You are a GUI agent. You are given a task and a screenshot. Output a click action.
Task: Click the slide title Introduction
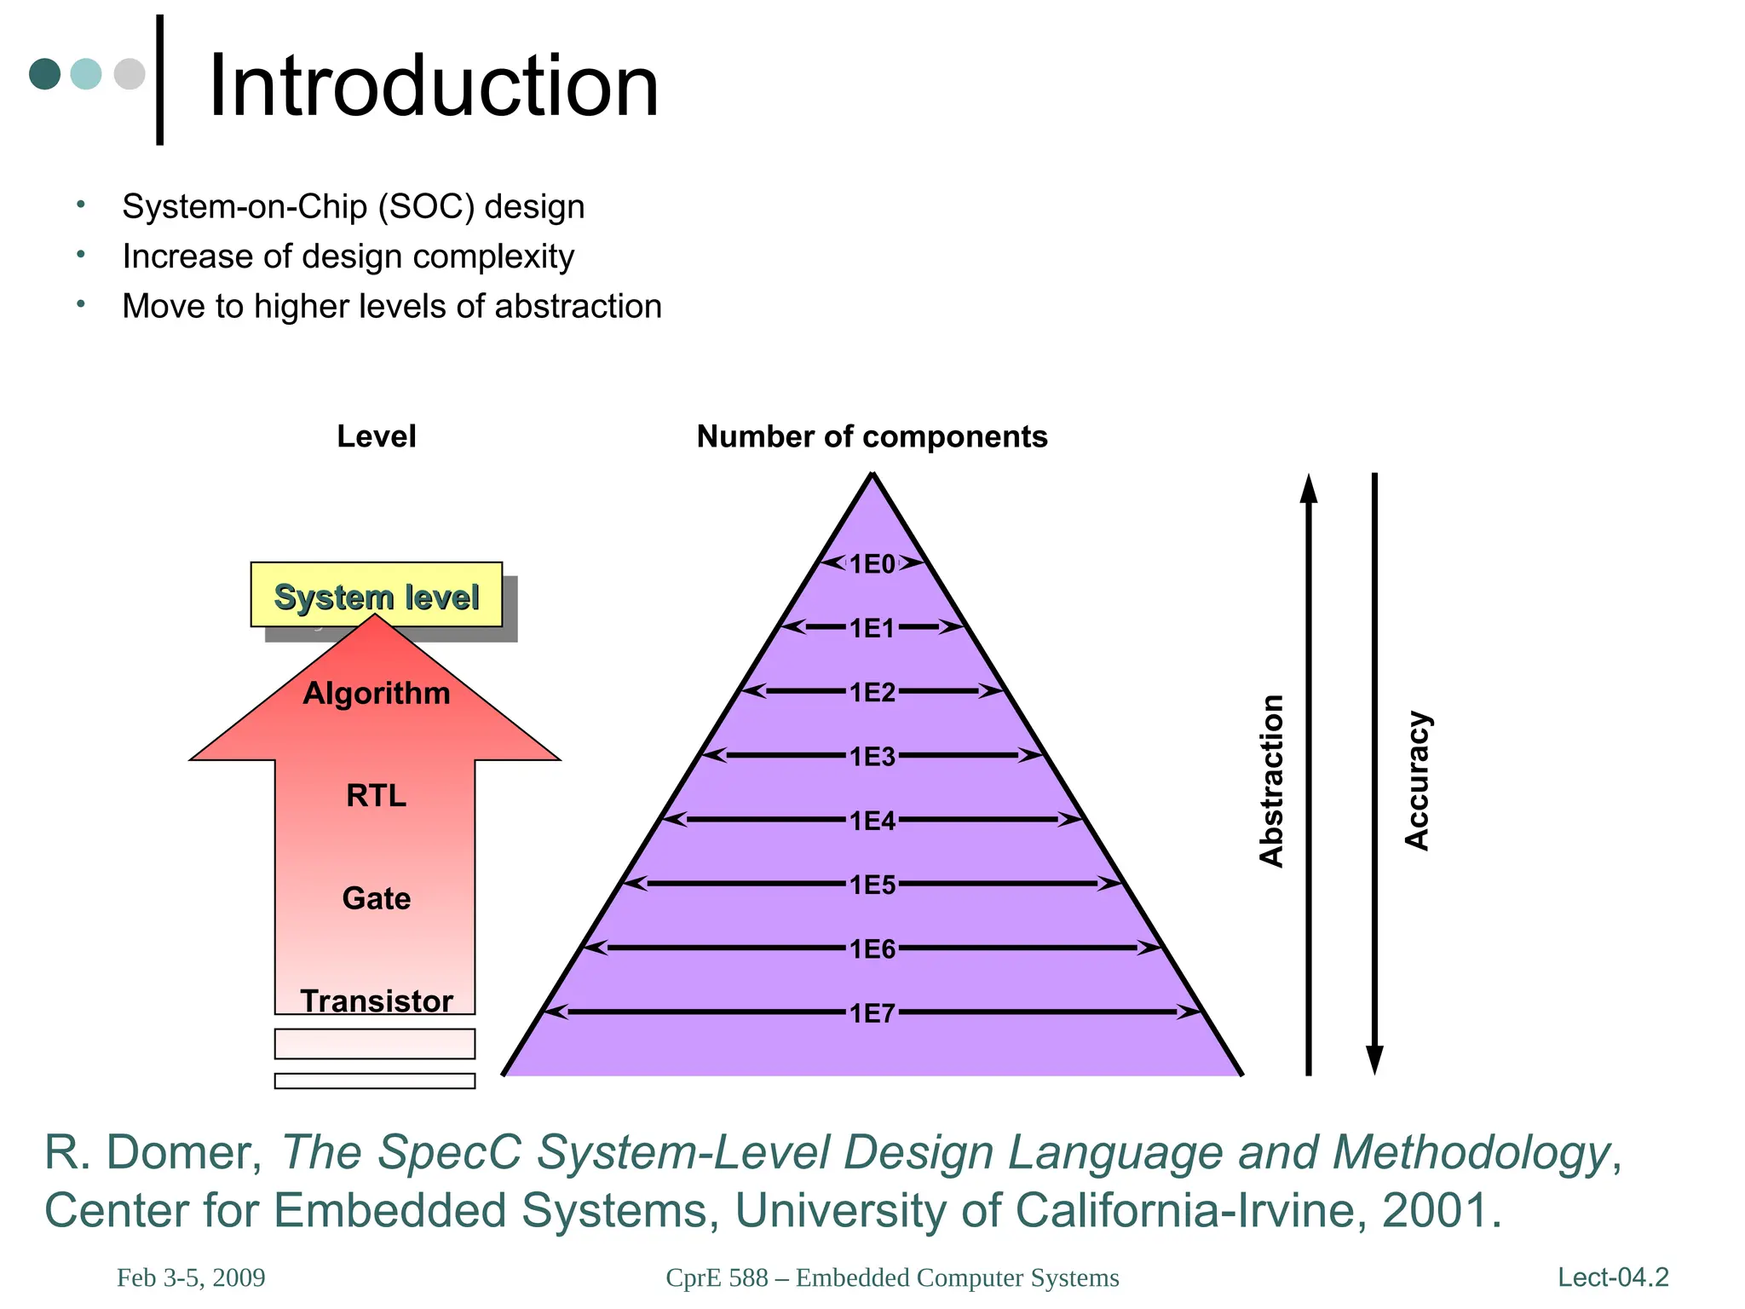[x=434, y=86]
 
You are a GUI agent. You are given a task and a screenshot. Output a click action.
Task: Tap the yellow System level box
[x=376, y=596]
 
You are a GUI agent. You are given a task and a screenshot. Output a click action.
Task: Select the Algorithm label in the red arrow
[x=376, y=693]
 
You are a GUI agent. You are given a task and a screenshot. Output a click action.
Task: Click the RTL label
[x=376, y=795]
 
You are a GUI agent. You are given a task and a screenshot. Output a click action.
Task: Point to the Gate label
[x=376, y=898]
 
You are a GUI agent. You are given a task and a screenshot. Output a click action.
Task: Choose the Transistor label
[x=376, y=1000]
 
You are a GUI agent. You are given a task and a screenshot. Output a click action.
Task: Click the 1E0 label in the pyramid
[x=872, y=563]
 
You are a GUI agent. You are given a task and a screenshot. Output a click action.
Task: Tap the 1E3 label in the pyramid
[x=872, y=756]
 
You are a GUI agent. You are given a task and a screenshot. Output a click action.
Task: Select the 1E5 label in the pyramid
[x=872, y=885]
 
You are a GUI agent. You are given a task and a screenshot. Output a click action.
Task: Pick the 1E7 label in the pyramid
[x=872, y=1012]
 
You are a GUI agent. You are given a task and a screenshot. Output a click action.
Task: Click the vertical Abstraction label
[x=1271, y=780]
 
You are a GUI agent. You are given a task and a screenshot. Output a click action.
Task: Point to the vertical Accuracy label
[x=1416, y=780]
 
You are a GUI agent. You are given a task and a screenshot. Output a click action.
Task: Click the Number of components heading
[x=872, y=436]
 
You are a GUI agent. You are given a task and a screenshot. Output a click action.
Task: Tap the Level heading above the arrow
[x=376, y=436]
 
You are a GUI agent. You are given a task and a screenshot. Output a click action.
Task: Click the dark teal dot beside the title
[x=44, y=74]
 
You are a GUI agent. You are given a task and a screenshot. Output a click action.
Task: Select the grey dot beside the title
[x=130, y=74]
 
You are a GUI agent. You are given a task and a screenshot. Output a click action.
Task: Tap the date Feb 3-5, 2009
[x=191, y=1277]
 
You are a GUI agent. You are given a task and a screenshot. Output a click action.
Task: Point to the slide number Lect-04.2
[x=1613, y=1277]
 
